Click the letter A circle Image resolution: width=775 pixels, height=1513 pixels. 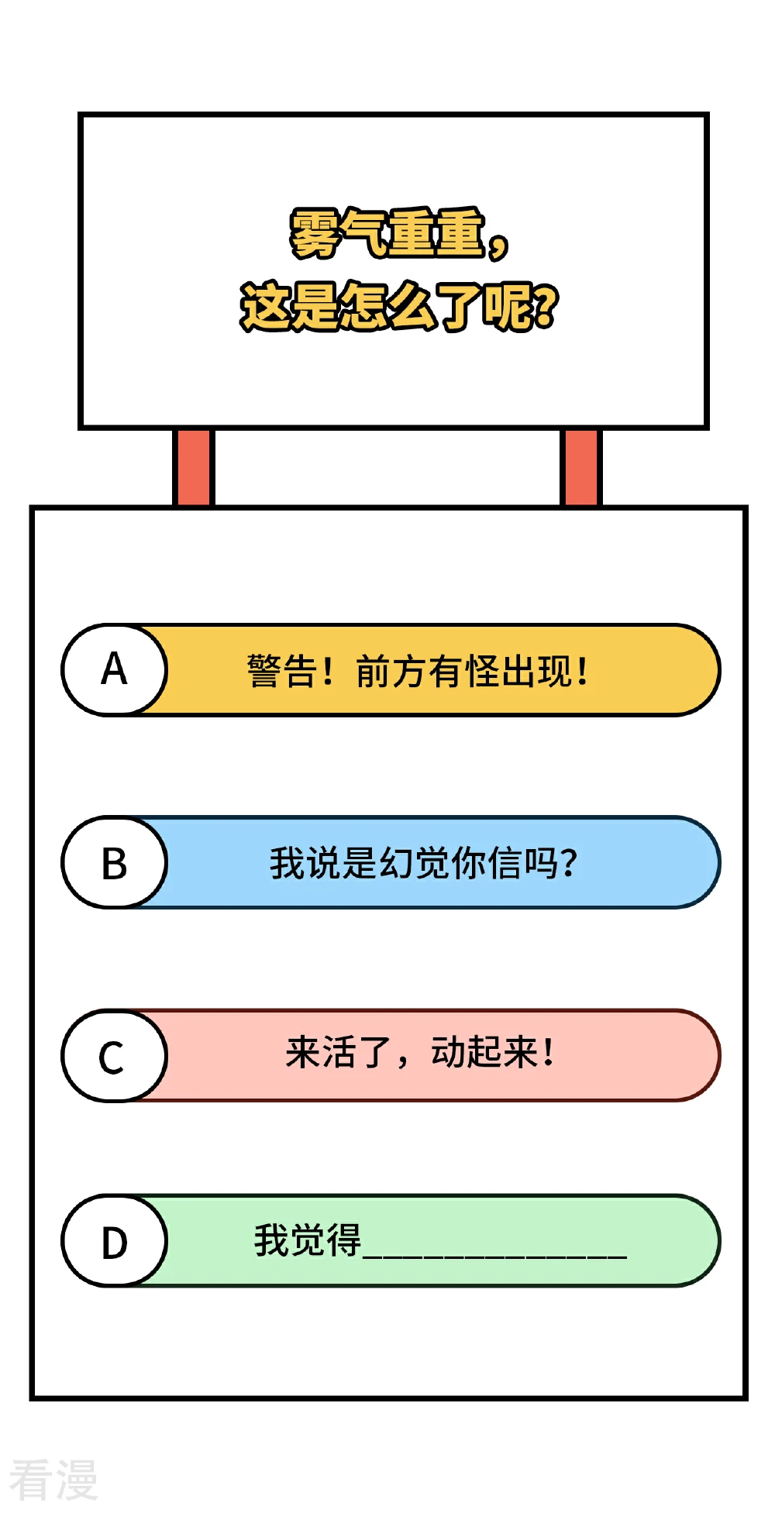pyautogui.click(x=114, y=669)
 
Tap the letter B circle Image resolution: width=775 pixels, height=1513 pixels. pyautogui.click(x=114, y=862)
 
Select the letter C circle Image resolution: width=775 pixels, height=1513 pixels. pyautogui.click(x=114, y=1055)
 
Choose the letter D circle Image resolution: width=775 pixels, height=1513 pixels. pyautogui.click(x=114, y=1240)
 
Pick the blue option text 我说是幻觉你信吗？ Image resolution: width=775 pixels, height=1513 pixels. pyautogui.click(x=423, y=863)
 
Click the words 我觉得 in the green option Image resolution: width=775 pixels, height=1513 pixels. pyautogui.click(x=307, y=1240)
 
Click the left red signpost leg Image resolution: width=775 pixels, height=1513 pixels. pyautogui.click(x=193, y=467)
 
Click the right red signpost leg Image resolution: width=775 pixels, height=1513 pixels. pyautogui.click(x=580, y=467)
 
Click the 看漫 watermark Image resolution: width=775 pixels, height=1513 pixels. pyautogui.click(x=53, y=1479)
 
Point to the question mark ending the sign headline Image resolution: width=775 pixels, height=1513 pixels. pyautogui.click(x=545, y=305)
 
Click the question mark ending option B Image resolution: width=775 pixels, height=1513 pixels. pyautogui.click(x=568, y=863)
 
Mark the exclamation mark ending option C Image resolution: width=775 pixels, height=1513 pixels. pyautogui.click(x=549, y=1052)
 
